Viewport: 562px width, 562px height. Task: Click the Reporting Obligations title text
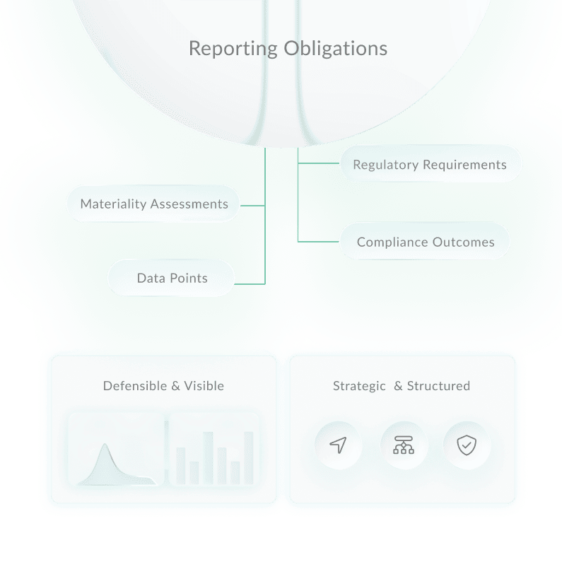pos(288,49)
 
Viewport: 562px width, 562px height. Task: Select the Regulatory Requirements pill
pos(430,165)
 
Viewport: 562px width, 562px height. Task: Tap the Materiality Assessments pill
pos(153,204)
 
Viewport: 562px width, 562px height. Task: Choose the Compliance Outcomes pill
pos(425,242)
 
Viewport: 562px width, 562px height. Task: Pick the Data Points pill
pos(172,278)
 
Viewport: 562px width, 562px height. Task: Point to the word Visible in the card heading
pos(204,386)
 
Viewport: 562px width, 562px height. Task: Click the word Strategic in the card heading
pos(359,386)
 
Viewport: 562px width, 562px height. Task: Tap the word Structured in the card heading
pos(438,386)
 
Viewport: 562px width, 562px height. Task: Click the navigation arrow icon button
pos(338,445)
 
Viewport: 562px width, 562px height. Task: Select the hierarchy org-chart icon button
pos(403,445)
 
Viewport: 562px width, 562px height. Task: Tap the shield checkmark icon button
pos(466,445)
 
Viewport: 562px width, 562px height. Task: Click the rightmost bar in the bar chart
pos(248,458)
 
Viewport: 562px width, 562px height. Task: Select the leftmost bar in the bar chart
pos(181,466)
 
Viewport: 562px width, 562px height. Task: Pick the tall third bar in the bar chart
pos(208,458)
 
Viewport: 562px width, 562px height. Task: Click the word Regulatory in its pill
pos(386,165)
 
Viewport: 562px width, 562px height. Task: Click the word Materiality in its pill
pos(113,204)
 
